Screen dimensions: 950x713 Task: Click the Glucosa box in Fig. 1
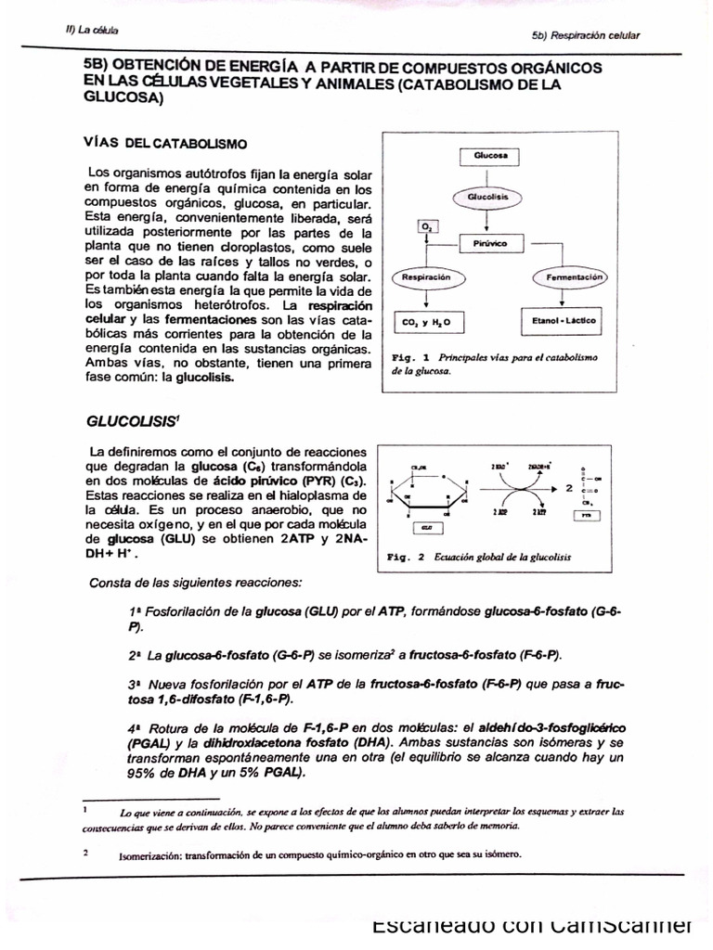point(490,156)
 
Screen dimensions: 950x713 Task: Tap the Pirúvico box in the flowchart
point(493,243)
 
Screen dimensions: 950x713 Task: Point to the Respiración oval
point(426,276)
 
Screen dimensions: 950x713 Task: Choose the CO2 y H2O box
point(427,322)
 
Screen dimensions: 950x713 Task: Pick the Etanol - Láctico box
point(562,321)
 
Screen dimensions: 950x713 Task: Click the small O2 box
point(427,225)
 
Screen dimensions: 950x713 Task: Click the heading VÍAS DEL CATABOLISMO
point(165,145)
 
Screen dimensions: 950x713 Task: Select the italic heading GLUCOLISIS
point(131,420)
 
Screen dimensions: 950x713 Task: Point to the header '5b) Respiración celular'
point(586,35)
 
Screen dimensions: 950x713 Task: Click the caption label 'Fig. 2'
point(405,558)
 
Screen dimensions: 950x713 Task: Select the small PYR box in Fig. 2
point(590,515)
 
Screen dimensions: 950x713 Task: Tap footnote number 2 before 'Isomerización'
point(85,852)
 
